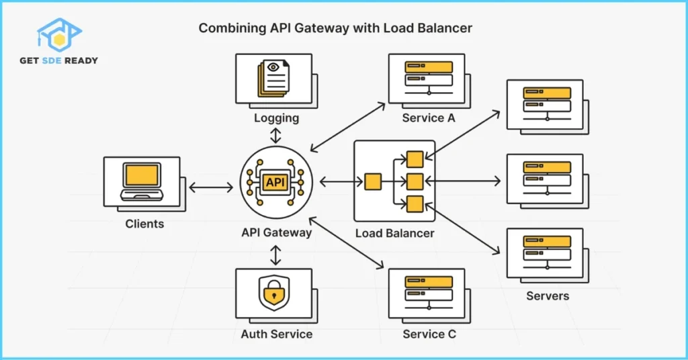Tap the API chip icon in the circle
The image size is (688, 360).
pyautogui.click(x=275, y=182)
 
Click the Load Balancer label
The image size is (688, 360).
pyautogui.click(x=394, y=233)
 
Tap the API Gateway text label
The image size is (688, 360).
pyautogui.click(x=276, y=233)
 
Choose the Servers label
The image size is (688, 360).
pyautogui.click(x=547, y=296)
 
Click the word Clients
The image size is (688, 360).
pyautogui.click(x=144, y=224)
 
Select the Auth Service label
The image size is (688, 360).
pyautogui.click(x=277, y=334)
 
